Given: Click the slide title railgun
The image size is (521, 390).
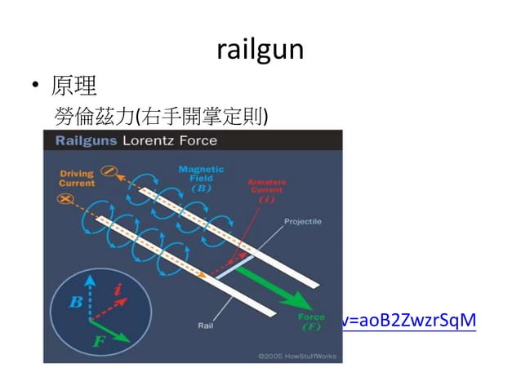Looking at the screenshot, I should [260, 50].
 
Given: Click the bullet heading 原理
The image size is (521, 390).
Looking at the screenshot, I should [75, 85].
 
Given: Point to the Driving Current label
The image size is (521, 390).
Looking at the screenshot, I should [76, 179].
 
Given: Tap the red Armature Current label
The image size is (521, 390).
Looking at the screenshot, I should [266, 189].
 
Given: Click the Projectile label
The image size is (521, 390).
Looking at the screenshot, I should [302, 221].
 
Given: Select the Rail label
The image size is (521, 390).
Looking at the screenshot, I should [206, 325].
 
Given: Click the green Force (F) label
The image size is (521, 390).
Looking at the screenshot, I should [311, 321].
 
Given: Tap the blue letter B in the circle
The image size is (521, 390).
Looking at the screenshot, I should [75, 302].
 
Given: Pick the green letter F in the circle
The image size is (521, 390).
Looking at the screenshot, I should [99, 341].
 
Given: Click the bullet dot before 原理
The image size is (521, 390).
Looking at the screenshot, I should [36, 86].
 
